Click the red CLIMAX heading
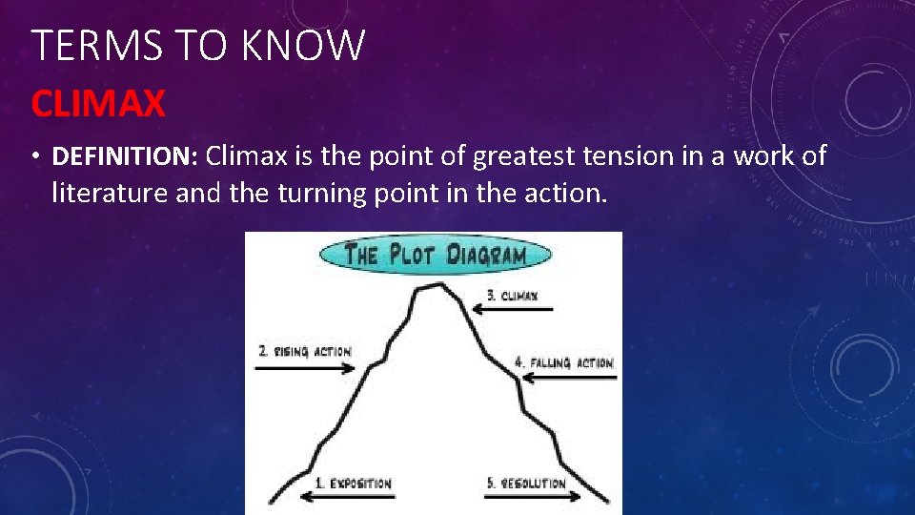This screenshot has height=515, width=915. (98, 103)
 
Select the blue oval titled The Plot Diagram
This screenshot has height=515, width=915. (435, 255)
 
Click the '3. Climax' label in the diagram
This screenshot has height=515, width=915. (512, 296)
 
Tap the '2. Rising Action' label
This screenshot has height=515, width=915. (304, 351)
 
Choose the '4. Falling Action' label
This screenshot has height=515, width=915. (563, 362)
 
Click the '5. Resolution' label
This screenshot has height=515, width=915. (526, 484)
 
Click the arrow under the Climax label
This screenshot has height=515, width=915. (510, 308)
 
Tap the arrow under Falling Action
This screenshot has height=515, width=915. (568, 378)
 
